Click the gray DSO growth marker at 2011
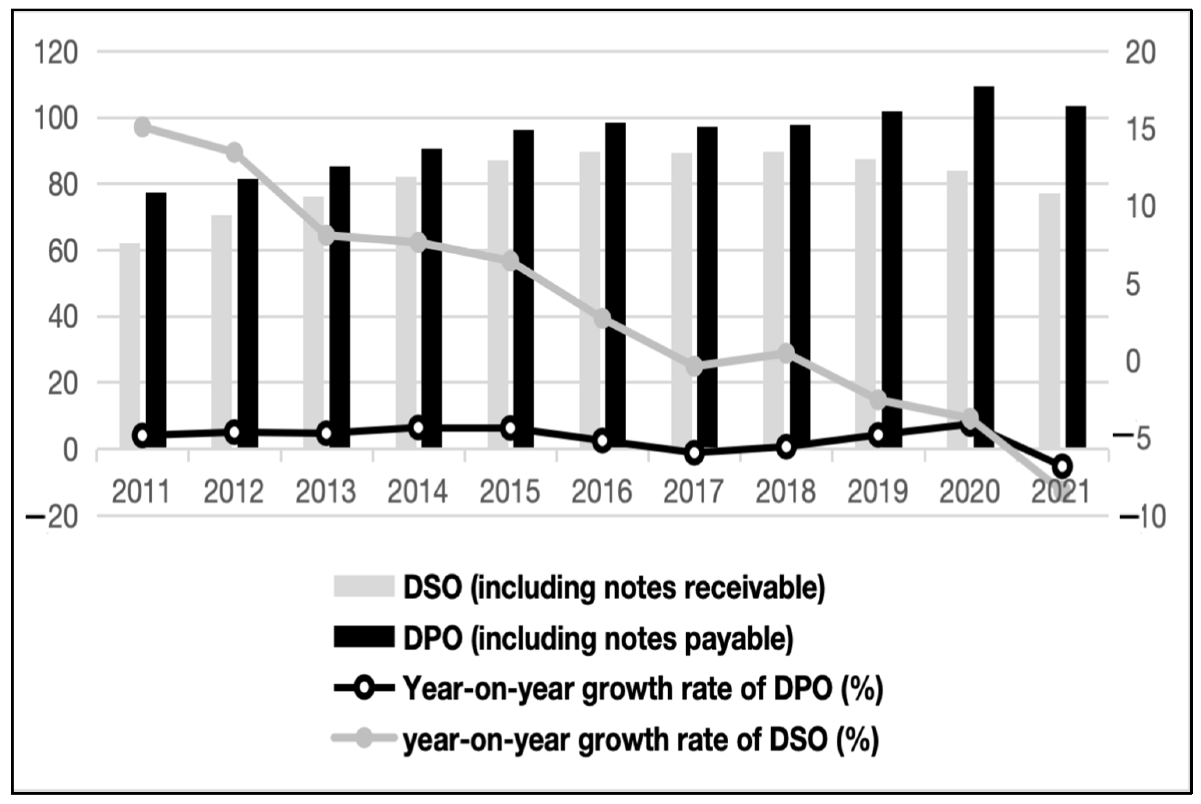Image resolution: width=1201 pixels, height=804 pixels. coord(143,127)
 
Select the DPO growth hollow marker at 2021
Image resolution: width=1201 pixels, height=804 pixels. coord(1062,466)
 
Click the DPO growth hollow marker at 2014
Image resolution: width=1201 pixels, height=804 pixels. coord(418,427)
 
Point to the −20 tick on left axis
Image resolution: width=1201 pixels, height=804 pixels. coord(52,517)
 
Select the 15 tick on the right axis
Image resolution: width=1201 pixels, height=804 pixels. coord(1141,130)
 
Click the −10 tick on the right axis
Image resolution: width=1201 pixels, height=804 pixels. coord(1143,517)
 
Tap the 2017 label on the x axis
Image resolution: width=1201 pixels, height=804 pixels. coord(693,491)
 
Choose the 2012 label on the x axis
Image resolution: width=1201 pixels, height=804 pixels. coord(234,491)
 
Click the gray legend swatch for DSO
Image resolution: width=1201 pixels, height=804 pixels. coord(364,586)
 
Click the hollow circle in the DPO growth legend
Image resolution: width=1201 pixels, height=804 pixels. coord(364,688)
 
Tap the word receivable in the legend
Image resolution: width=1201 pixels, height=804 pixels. coord(754,588)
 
